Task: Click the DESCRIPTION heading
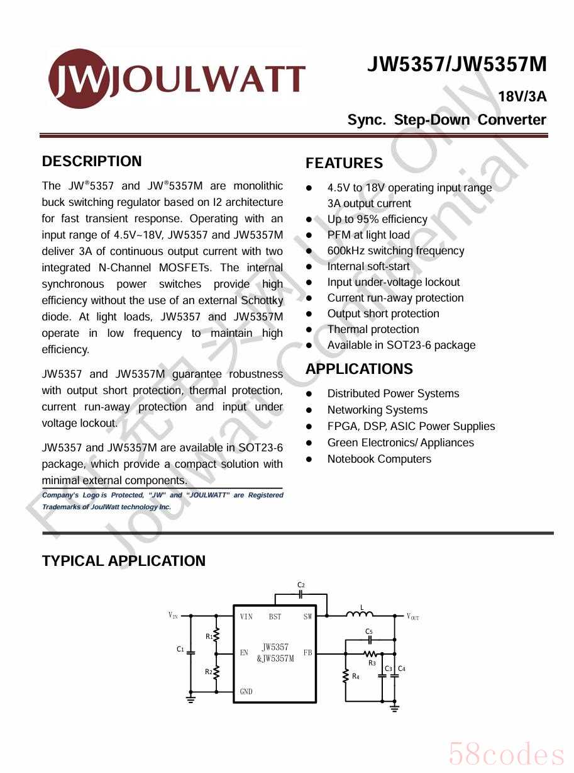pos(92,161)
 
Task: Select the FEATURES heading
pos(344,164)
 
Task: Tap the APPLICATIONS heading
pos(359,369)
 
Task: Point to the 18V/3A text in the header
pos(522,97)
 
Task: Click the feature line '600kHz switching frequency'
pos(395,251)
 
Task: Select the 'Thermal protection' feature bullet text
pos(373,329)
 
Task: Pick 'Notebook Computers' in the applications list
pos(379,459)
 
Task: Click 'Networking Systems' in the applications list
pos(377,410)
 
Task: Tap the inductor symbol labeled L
pos(360,614)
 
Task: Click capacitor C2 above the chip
pos(301,594)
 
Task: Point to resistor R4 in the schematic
pos(346,676)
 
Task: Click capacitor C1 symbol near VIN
pos(191,652)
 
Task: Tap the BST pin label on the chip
pos(275,617)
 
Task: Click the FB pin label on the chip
pos(307,653)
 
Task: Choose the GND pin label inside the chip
pos(246,691)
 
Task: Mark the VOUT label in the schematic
pos(412,616)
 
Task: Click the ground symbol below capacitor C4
pos(394,707)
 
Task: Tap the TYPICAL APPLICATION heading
pos(124,561)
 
